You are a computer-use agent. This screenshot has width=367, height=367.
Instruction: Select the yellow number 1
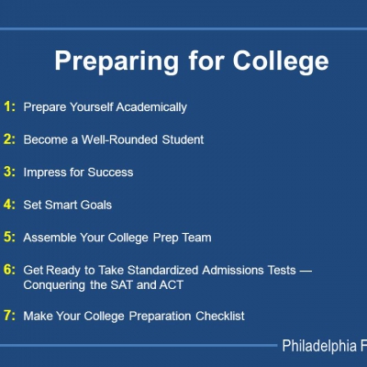click(9, 106)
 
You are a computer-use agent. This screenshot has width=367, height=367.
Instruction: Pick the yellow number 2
click(9, 139)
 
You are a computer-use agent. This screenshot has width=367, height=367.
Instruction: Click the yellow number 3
click(9, 172)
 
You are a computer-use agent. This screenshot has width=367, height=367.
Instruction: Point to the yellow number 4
click(9, 205)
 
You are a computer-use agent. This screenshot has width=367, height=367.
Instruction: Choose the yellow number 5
click(9, 237)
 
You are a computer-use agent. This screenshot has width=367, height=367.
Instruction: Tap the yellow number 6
click(9, 270)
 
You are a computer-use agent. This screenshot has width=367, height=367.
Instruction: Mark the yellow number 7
click(9, 316)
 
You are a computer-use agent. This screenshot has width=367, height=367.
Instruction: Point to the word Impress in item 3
click(45, 172)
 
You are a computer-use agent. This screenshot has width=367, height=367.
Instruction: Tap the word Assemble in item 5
click(50, 237)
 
